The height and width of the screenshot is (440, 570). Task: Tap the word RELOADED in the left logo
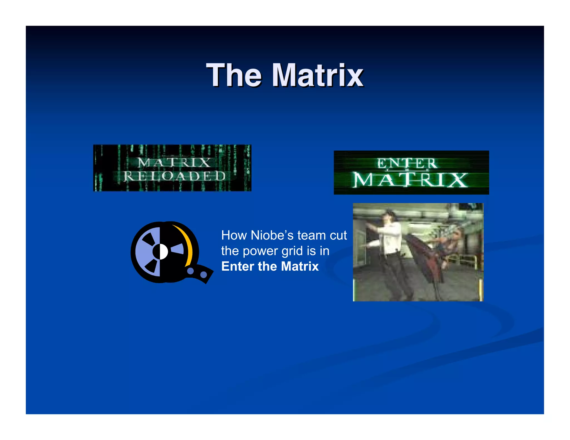175,176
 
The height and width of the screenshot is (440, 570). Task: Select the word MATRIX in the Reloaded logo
175,162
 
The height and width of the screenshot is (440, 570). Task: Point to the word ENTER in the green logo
407,164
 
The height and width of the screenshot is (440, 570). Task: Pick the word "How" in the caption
234,235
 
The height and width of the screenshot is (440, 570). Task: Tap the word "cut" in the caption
338,235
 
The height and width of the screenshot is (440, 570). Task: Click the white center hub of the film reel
160,252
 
